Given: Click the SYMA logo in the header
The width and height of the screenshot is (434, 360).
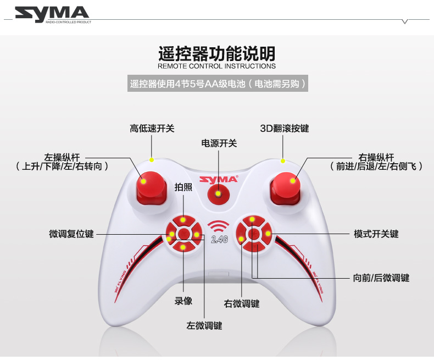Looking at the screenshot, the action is pyautogui.click(x=52, y=15).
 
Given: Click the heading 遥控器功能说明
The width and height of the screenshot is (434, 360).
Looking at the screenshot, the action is pyautogui.click(x=216, y=54).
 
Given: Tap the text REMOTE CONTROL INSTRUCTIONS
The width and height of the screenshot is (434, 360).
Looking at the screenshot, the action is pyautogui.click(x=216, y=66).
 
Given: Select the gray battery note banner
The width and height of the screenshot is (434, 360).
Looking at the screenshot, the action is pyautogui.click(x=216, y=84).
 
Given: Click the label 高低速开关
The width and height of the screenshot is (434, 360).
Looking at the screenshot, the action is pyautogui.click(x=152, y=129).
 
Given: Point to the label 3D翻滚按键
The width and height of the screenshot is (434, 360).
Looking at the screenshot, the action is pyautogui.click(x=285, y=129).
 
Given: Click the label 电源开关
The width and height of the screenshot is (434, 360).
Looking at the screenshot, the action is pyautogui.click(x=219, y=143).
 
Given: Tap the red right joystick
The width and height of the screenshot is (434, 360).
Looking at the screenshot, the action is pyautogui.click(x=287, y=184).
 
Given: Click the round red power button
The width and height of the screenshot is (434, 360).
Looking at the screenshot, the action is pyautogui.click(x=219, y=193).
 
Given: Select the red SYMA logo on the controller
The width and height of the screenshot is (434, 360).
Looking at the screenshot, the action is pyautogui.click(x=218, y=179).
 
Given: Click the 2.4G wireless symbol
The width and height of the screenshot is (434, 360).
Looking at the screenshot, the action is pyautogui.click(x=219, y=231).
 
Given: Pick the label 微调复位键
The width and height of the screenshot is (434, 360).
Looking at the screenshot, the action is pyautogui.click(x=71, y=234).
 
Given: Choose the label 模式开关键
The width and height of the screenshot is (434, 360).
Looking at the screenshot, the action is pyautogui.click(x=376, y=234).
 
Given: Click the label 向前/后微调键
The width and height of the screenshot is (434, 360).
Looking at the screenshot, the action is pyautogui.click(x=381, y=278).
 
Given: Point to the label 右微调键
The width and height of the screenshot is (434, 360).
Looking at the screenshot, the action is pyautogui.click(x=241, y=303).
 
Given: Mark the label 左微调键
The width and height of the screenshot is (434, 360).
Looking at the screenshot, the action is pyautogui.click(x=204, y=325).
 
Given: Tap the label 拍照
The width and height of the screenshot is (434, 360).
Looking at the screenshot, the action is pyautogui.click(x=183, y=187).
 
